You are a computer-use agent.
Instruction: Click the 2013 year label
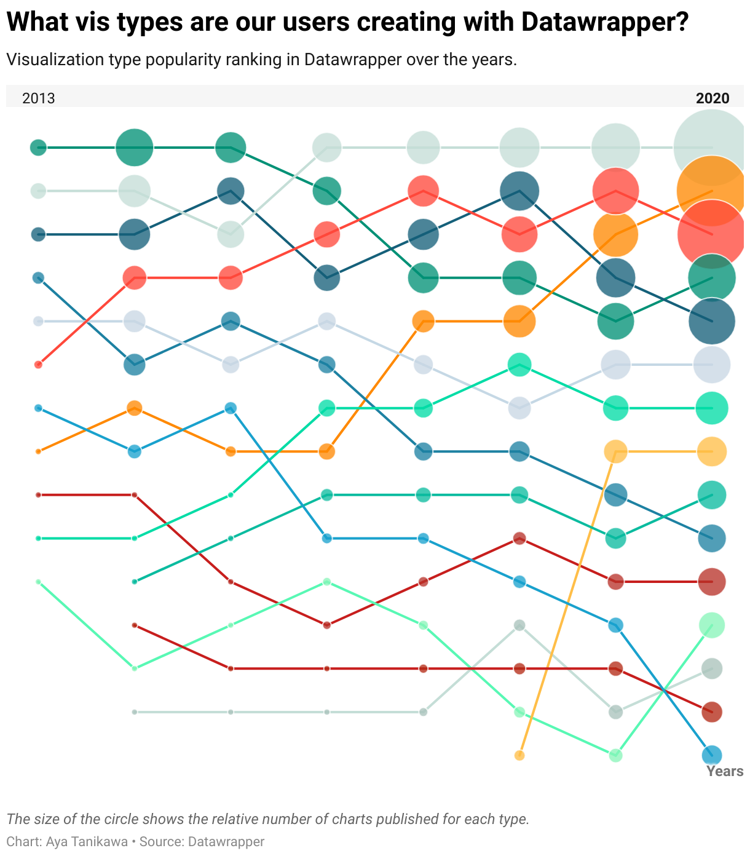click(38, 98)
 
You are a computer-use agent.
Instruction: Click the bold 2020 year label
click(712, 98)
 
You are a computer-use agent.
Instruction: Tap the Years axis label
click(725, 771)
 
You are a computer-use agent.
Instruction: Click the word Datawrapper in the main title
click(604, 23)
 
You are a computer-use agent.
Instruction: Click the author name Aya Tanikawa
click(87, 841)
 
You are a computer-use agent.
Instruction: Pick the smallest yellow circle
click(519, 755)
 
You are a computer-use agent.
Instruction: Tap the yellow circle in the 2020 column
click(712, 451)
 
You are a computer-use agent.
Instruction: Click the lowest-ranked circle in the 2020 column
click(712, 755)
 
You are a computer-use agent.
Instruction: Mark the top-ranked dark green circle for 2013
click(38, 148)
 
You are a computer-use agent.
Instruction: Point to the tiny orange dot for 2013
click(38, 451)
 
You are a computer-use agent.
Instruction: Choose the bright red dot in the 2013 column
click(38, 365)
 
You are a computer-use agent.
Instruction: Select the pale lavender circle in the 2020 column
click(712, 365)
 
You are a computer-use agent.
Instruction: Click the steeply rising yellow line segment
click(567, 603)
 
